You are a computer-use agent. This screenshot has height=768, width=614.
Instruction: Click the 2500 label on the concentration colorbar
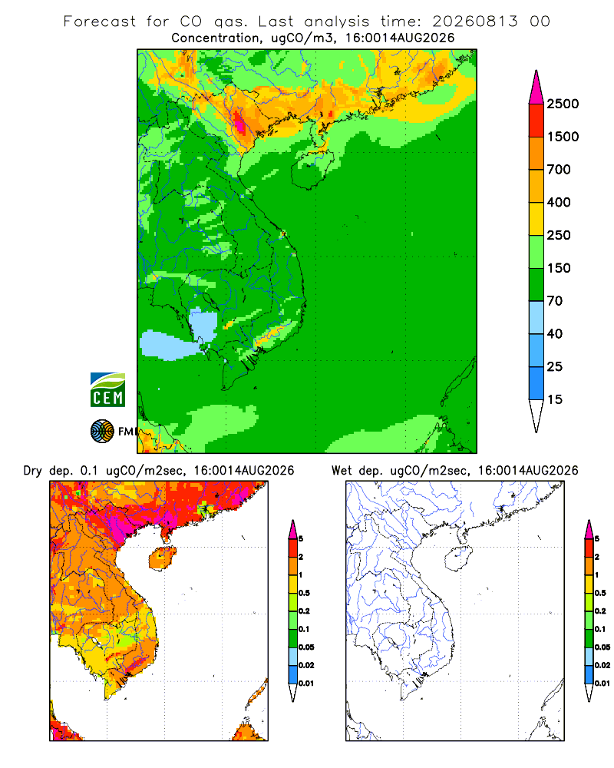tap(563, 104)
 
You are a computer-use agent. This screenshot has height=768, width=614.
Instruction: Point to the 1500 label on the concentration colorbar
tap(563, 137)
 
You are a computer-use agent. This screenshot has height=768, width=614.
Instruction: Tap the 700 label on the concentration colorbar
tap(559, 170)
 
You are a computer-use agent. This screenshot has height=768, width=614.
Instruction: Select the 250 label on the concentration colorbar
tap(559, 235)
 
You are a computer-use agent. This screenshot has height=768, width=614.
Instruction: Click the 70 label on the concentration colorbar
tap(555, 301)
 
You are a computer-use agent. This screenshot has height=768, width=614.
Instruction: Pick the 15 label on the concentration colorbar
tap(555, 399)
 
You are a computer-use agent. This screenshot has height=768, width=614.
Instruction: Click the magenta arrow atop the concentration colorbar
tap(536, 88)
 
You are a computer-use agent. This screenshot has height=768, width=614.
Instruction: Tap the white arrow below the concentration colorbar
tap(536, 415)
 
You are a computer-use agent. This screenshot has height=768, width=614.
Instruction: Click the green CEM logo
tap(107, 390)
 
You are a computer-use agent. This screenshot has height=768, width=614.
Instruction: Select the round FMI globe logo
tap(102, 432)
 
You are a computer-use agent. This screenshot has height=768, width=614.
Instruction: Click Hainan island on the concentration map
tap(312, 168)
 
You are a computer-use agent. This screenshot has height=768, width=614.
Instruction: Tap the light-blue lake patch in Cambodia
tap(203, 323)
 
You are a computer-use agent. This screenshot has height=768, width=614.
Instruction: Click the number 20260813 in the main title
tap(474, 22)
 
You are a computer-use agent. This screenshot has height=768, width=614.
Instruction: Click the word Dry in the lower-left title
tap(33, 471)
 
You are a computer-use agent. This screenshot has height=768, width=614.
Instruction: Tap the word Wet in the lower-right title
tap(342, 471)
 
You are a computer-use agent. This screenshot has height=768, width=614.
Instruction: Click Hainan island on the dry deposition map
tap(162, 559)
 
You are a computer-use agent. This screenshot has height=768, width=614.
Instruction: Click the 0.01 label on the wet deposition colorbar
tap(602, 684)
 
